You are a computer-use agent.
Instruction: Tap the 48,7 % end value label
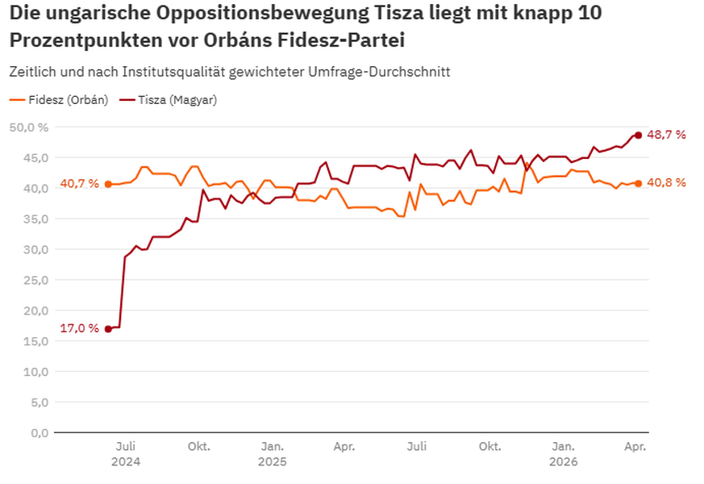tap(667, 135)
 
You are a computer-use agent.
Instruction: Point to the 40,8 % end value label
tap(667, 183)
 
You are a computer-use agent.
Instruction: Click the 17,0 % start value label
tap(79, 328)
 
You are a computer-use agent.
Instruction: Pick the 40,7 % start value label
tap(79, 184)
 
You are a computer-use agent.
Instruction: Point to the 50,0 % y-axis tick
tap(29, 127)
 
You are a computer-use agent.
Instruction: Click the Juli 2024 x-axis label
tap(126, 453)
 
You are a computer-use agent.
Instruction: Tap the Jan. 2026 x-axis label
tap(563, 453)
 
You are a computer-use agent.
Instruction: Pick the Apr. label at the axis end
tap(635, 445)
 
